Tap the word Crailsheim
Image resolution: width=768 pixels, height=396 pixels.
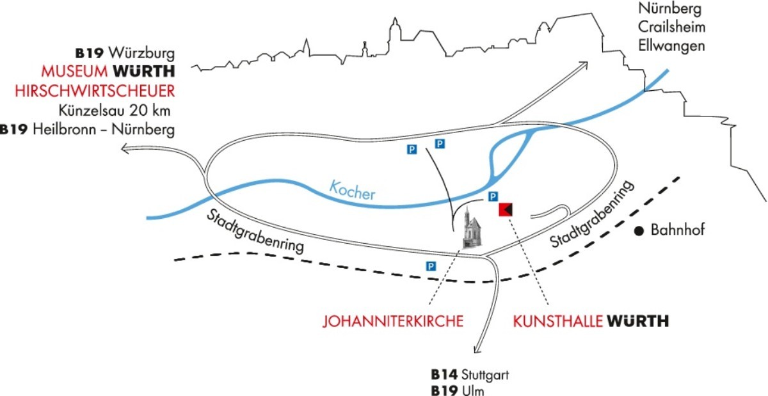671,28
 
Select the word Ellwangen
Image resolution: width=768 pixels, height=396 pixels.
671,46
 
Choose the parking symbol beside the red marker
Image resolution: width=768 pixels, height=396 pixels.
493,196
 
